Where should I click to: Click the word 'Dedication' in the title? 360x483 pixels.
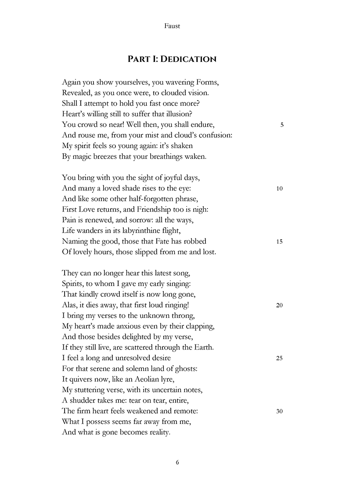188,59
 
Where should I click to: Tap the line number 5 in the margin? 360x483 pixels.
281,125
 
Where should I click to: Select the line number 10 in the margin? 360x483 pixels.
280,189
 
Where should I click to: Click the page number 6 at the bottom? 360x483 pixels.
177,462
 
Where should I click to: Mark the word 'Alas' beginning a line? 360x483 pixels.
70,305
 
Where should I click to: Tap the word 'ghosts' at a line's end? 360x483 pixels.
186,369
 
